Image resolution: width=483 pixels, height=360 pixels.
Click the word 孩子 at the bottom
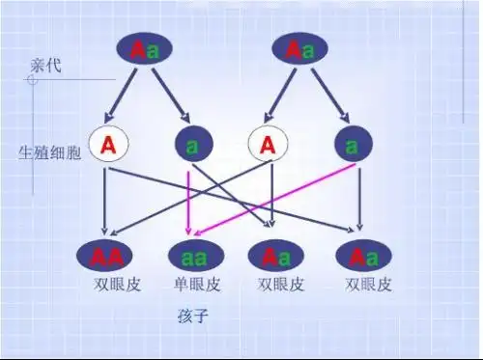click(193, 316)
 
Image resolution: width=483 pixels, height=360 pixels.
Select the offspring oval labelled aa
click(196, 257)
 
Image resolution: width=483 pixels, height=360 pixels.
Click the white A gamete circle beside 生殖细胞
click(108, 146)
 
